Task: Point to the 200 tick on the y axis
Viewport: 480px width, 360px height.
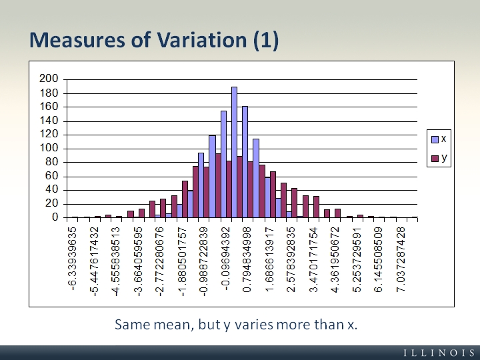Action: (50, 79)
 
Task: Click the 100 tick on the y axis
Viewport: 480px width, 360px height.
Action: (50, 148)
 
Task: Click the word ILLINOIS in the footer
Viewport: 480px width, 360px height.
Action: (438, 351)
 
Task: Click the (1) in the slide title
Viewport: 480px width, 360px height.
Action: (265, 40)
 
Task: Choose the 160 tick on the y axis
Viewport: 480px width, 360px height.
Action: (50, 107)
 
